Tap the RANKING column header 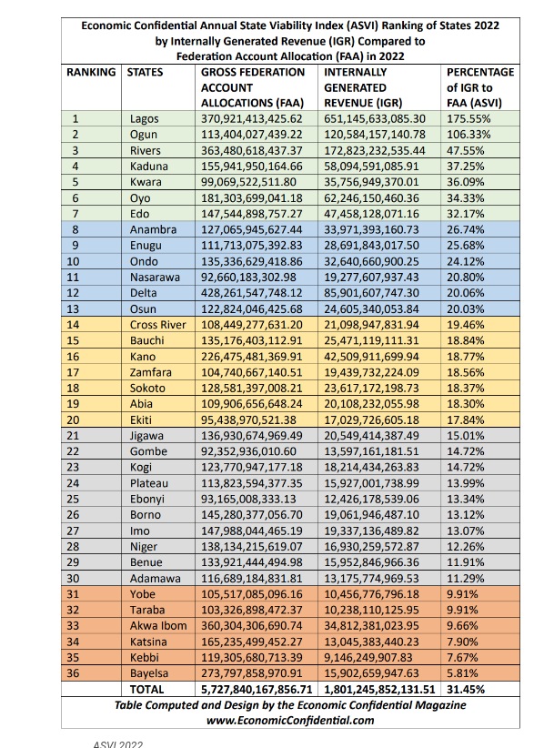[92, 72]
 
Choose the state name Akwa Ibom [157, 627]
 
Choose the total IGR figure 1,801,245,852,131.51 [381, 690]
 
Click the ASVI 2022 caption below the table [118, 743]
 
